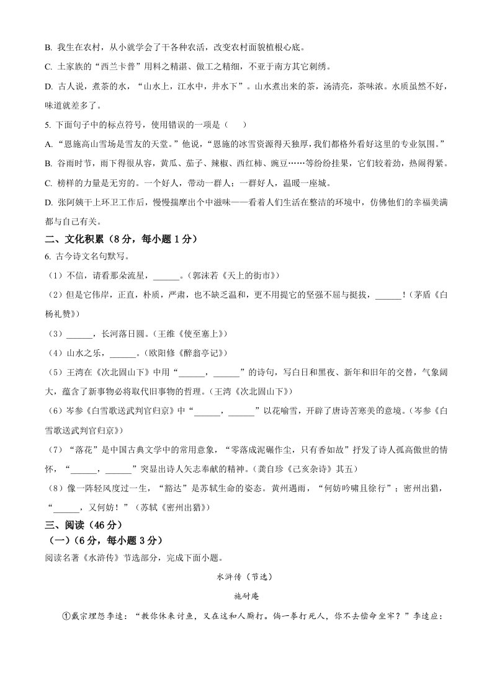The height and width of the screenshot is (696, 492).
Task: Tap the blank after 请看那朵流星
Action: tap(165, 276)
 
